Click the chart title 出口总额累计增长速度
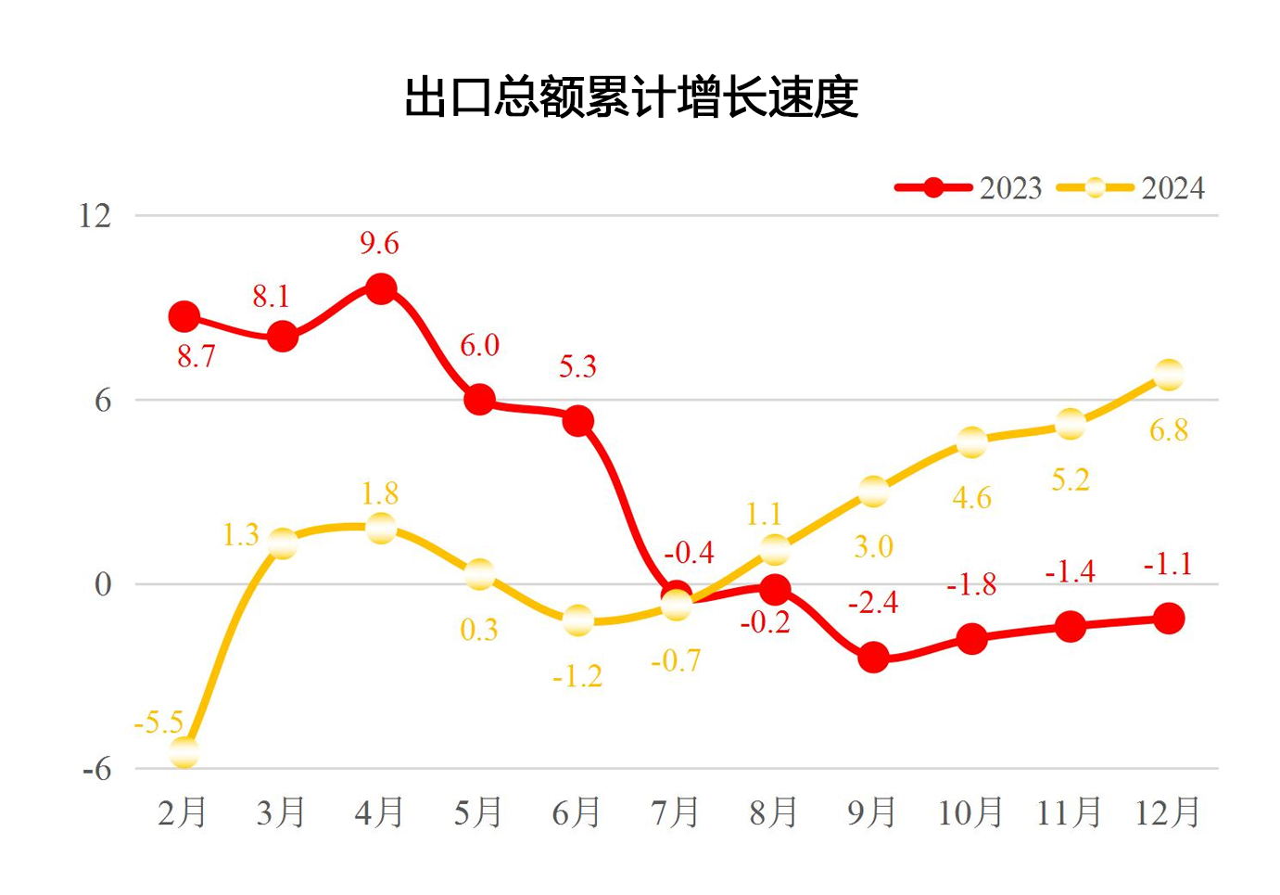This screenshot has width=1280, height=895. (x=631, y=97)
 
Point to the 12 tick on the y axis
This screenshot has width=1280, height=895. (x=95, y=216)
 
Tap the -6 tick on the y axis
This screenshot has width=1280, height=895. (x=95, y=769)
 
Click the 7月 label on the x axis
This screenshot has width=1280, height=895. (x=675, y=812)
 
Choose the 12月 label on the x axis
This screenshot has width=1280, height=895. (x=1168, y=812)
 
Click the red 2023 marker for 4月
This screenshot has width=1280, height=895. (x=381, y=288)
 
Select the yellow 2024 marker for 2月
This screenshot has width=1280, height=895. (x=184, y=752)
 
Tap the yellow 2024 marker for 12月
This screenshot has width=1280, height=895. (x=1169, y=376)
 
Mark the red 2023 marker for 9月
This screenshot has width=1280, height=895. (x=873, y=658)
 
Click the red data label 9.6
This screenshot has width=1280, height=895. (x=379, y=244)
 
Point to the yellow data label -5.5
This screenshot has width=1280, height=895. (x=158, y=722)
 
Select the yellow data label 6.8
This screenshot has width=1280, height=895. (x=1169, y=430)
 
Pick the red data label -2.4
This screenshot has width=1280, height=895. (x=873, y=603)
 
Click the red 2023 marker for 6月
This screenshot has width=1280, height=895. (x=577, y=421)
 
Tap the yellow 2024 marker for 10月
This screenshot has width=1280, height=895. (x=971, y=442)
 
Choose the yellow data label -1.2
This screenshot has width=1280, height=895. (x=577, y=676)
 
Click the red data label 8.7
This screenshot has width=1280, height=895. (x=196, y=356)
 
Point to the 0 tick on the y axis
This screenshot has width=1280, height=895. (x=102, y=584)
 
